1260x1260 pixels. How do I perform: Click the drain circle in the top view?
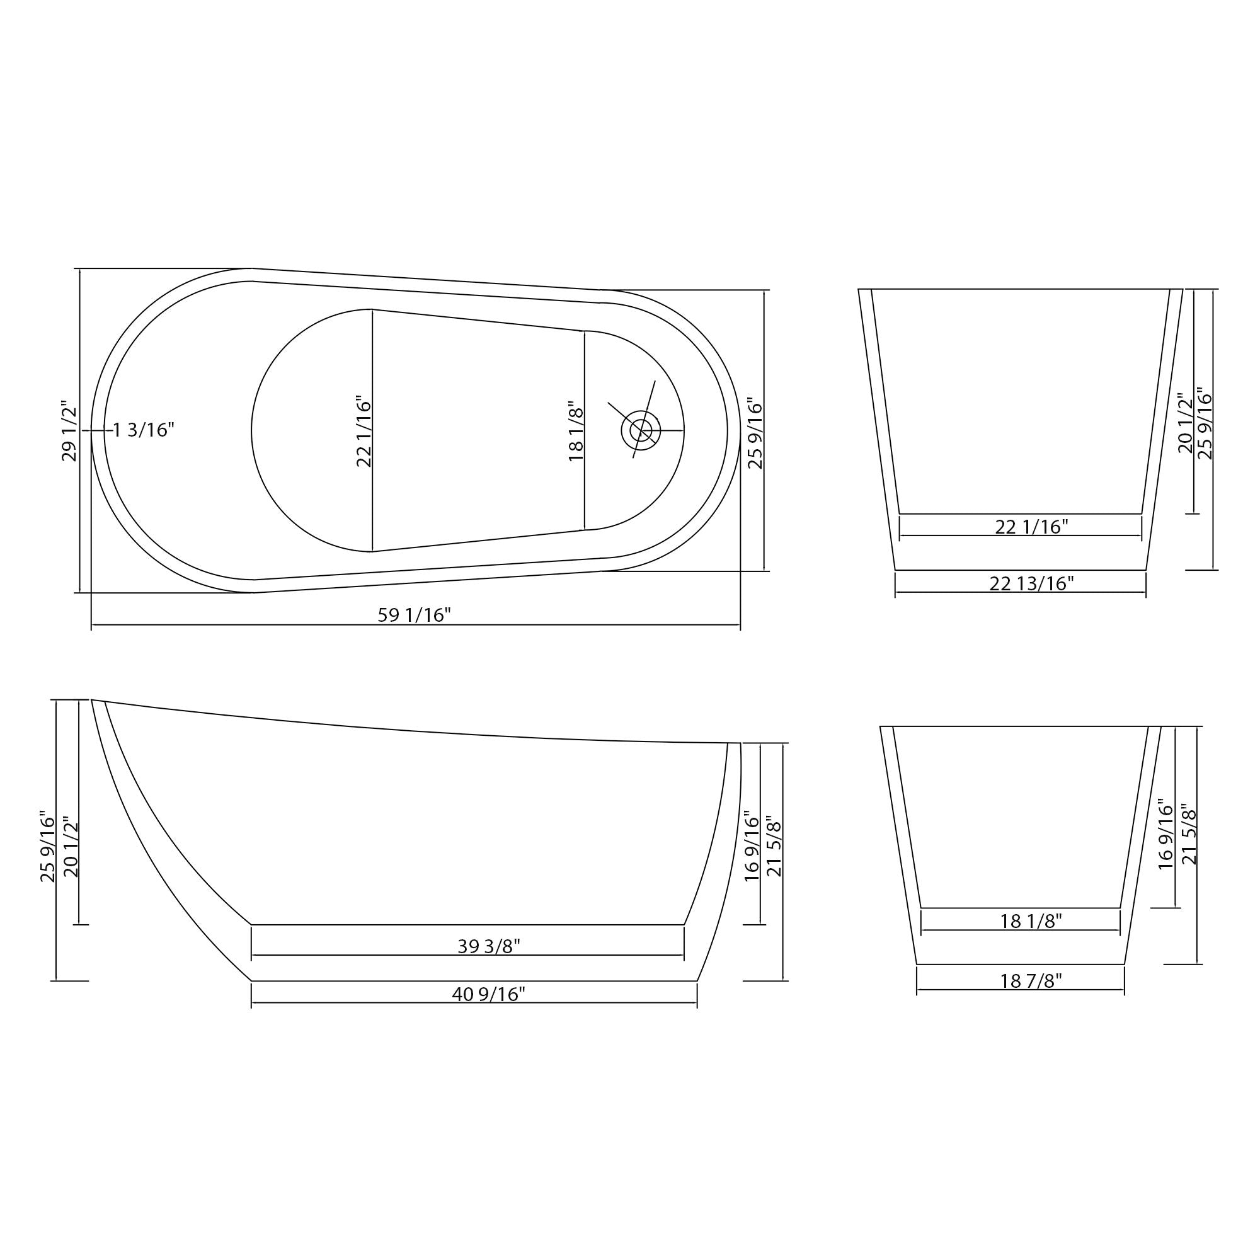pyautogui.click(x=641, y=430)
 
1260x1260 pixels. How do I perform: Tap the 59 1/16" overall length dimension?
pyautogui.click(x=414, y=615)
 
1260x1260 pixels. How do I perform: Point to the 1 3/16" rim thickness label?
pyautogui.click(x=144, y=430)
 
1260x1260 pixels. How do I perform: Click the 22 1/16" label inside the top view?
pyautogui.click(x=364, y=431)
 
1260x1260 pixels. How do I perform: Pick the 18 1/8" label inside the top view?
pyautogui.click(x=575, y=431)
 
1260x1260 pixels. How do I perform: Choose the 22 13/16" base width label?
pyautogui.click(x=1031, y=584)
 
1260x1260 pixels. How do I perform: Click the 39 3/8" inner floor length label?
pyautogui.click(x=488, y=946)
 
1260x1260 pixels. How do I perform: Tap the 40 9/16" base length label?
pyautogui.click(x=488, y=995)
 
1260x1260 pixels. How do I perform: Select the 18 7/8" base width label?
pyautogui.click(x=1031, y=981)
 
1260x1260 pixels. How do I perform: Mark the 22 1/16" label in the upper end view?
pyautogui.click(x=1031, y=527)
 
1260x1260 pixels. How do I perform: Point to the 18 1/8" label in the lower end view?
pyautogui.click(x=1031, y=922)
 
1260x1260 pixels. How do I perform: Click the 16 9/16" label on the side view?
pyautogui.click(x=752, y=847)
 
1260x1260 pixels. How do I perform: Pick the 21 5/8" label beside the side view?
pyautogui.click(x=774, y=847)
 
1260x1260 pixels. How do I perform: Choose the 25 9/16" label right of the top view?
pyautogui.click(x=755, y=433)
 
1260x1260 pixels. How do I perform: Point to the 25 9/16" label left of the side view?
pyautogui.click(x=49, y=847)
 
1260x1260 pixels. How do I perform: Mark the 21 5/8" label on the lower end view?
pyautogui.click(x=1189, y=837)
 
